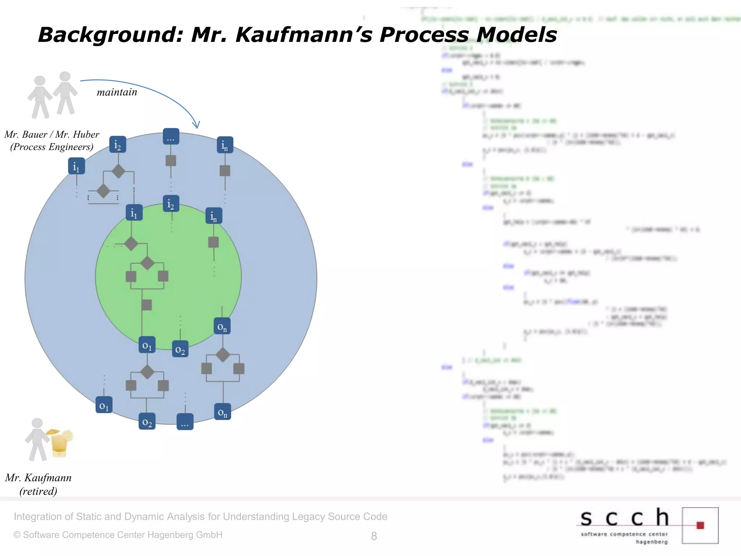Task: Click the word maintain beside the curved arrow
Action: coord(117,92)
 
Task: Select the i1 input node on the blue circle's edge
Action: coord(76,166)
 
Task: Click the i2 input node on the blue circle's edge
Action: coord(118,144)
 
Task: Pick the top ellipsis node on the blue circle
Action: coord(171,136)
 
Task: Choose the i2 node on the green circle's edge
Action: coord(171,204)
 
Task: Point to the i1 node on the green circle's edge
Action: coord(134,212)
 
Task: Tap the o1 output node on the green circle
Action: coord(147,345)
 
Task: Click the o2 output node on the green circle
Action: coord(180,349)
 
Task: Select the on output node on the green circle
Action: coord(222,326)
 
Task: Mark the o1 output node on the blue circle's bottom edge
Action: coord(104,405)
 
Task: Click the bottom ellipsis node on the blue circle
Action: coord(185,422)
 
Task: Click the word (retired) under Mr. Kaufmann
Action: coord(38,491)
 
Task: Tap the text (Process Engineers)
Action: coord(52,147)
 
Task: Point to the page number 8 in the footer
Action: coord(374,536)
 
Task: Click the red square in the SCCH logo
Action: coord(700,525)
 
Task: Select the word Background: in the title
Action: coord(111,35)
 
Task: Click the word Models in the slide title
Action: coord(516,35)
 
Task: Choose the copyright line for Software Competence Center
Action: coord(118,535)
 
